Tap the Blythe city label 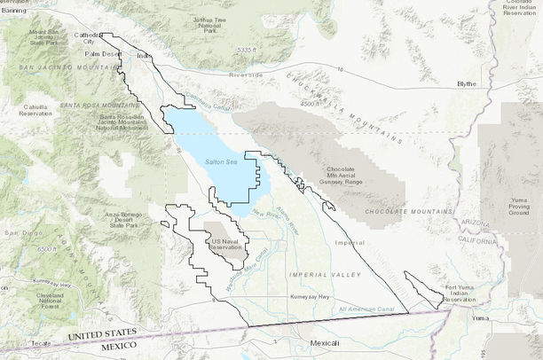click(467, 83)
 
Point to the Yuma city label click(481, 317)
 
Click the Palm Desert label click(103, 53)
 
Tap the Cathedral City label click(89, 38)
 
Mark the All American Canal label click(366, 309)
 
